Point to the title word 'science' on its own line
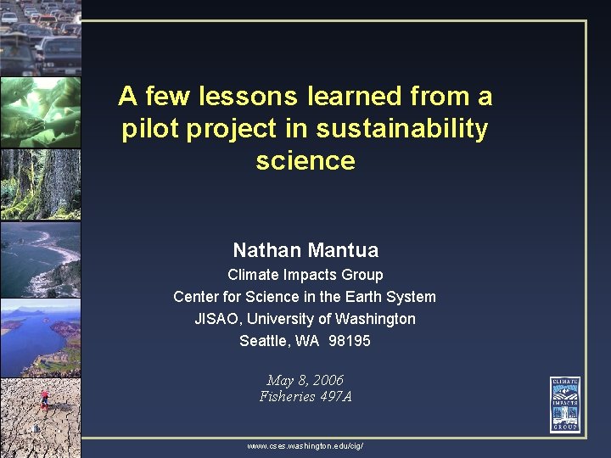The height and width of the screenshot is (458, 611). (x=305, y=160)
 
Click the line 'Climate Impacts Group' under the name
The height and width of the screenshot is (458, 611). (x=305, y=275)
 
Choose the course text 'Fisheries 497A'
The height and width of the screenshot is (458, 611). (x=305, y=396)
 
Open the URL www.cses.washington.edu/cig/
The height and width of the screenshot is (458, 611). (x=305, y=445)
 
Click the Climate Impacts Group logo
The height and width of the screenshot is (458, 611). (x=564, y=404)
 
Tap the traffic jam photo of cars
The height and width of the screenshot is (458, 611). (x=40, y=37)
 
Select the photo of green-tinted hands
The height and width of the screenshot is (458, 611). (x=40, y=111)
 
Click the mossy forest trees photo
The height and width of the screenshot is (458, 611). (x=40, y=185)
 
